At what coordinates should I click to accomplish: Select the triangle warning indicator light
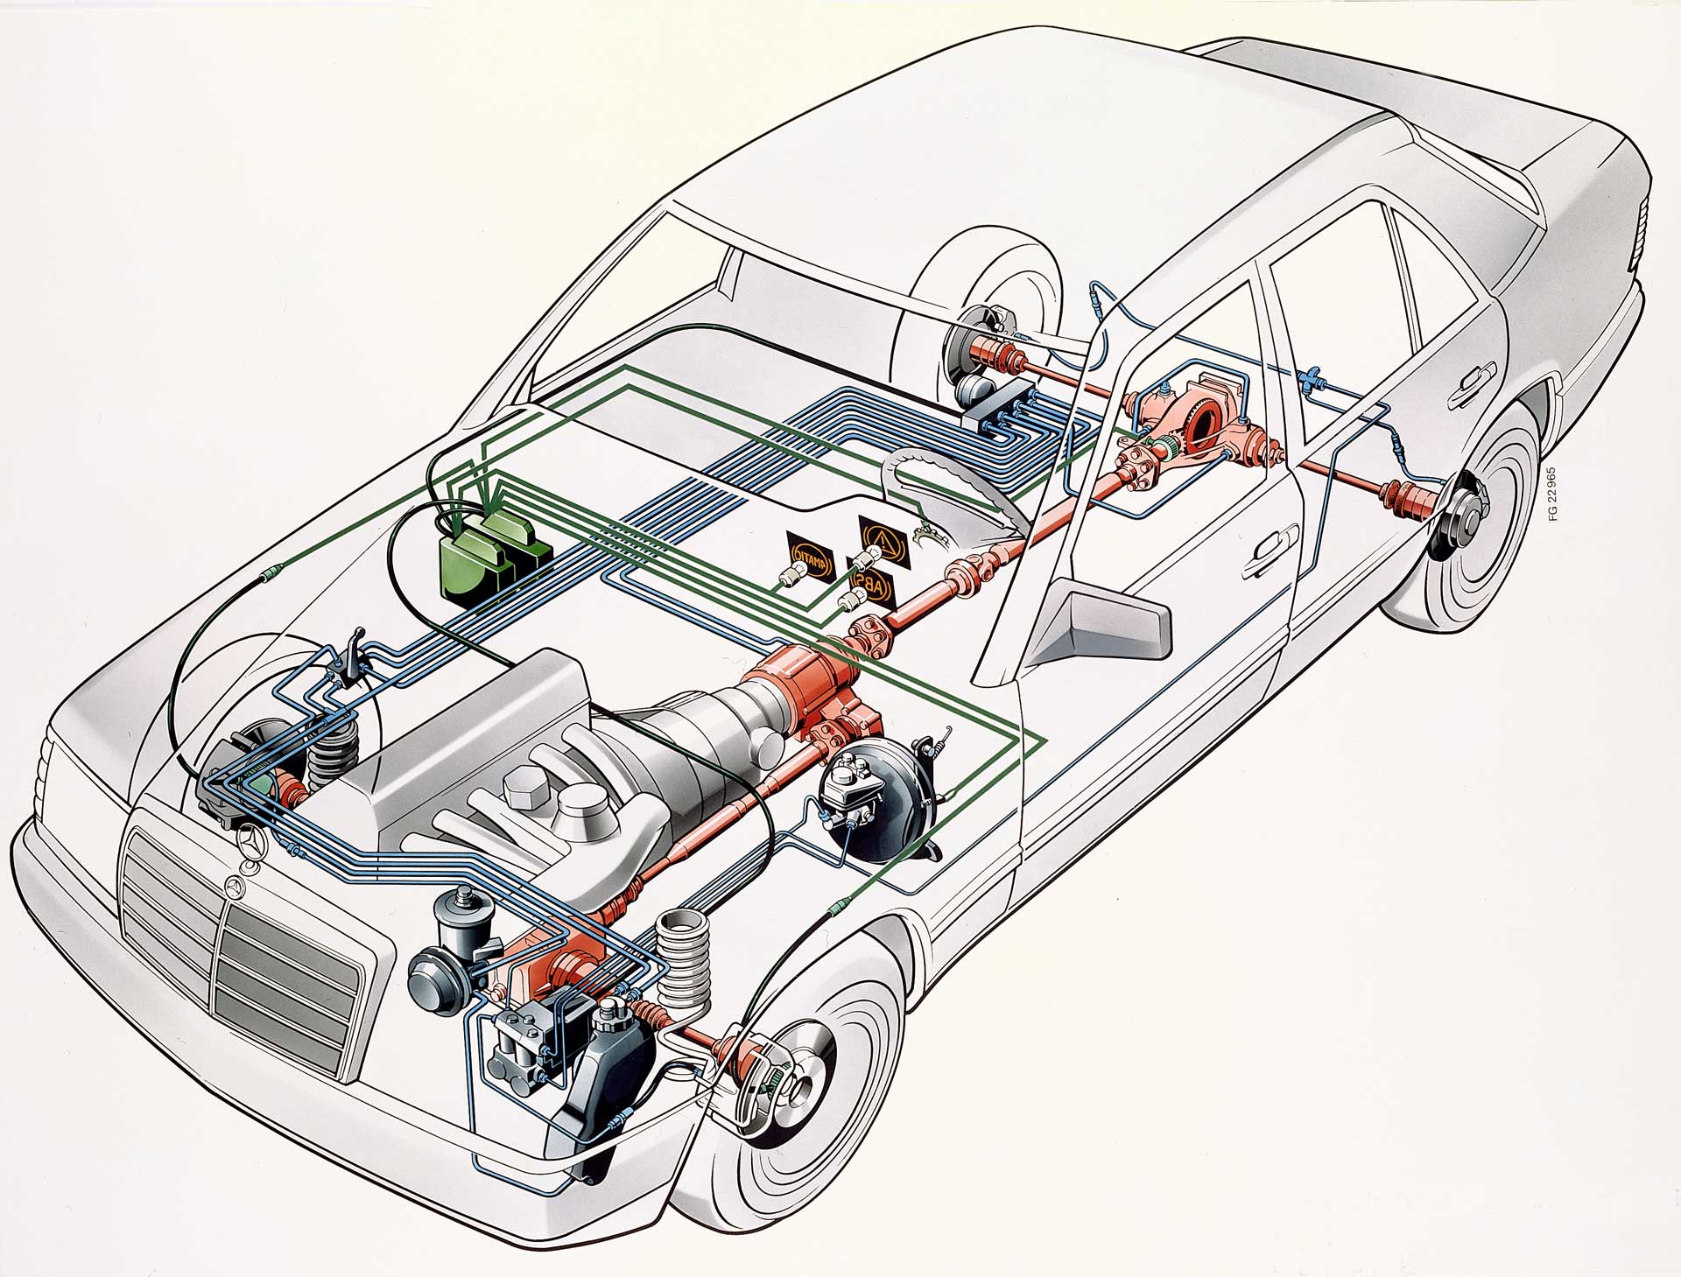coord(881,533)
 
